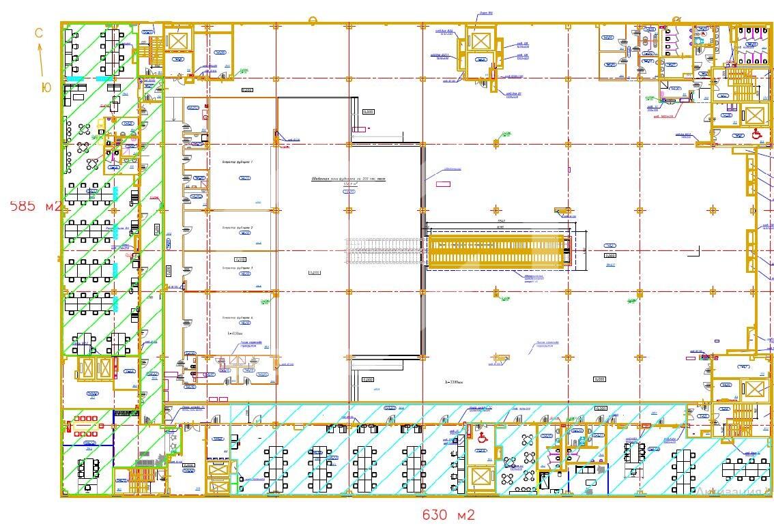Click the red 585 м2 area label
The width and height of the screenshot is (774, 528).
35,206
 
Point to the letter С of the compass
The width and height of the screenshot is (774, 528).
39,32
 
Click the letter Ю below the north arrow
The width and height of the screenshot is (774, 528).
46,87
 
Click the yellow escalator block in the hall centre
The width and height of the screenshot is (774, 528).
498,250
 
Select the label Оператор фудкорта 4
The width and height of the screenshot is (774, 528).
238,318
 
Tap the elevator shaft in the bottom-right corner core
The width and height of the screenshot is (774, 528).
753,390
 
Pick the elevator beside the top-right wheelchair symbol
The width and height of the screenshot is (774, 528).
753,115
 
